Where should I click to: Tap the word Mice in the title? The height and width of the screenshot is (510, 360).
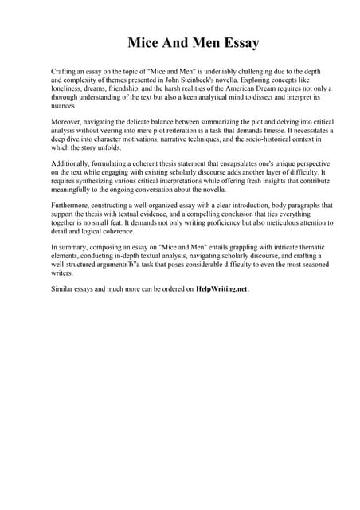point(147,41)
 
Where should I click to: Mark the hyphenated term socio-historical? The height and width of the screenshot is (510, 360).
point(246,139)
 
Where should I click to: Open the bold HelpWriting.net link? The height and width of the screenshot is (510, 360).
point(221,289)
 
